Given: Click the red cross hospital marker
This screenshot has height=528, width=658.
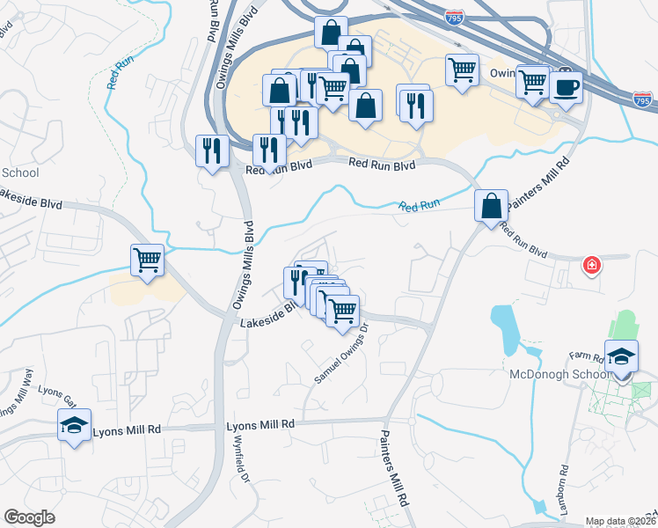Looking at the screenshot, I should [593, 264].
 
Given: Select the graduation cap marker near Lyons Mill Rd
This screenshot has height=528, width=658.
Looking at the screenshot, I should [73, 426].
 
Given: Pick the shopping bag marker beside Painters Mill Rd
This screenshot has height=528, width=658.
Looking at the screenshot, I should [492, 207].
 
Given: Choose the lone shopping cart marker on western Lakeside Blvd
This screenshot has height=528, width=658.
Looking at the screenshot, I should [147, 260].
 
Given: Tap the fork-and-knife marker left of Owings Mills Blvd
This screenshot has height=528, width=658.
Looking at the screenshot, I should [210, 150].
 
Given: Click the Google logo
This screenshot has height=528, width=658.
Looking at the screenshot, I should [29, 517].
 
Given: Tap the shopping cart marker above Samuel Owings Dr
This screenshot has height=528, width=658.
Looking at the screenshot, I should [341, 310].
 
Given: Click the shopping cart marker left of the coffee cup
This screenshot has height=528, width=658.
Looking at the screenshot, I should [533, 82].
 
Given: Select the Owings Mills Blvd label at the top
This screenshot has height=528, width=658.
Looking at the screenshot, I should [212, 20].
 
